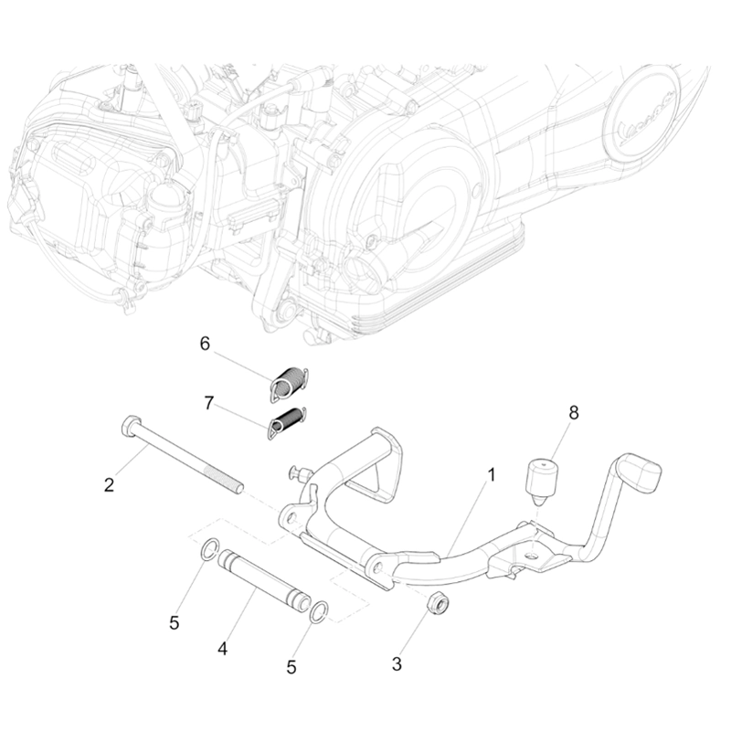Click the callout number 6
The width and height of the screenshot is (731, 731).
coord(205,344)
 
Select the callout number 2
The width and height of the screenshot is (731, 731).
coord(109,484)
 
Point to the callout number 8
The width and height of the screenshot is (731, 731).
coord(573,413)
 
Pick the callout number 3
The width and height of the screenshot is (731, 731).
coord(397,664)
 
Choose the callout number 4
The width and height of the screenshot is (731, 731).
coord(222,650)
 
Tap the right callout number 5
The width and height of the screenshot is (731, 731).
coord(291,667)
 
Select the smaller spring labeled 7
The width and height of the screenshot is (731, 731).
coord(288,423)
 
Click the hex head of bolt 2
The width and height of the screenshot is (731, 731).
coord(129,427)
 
